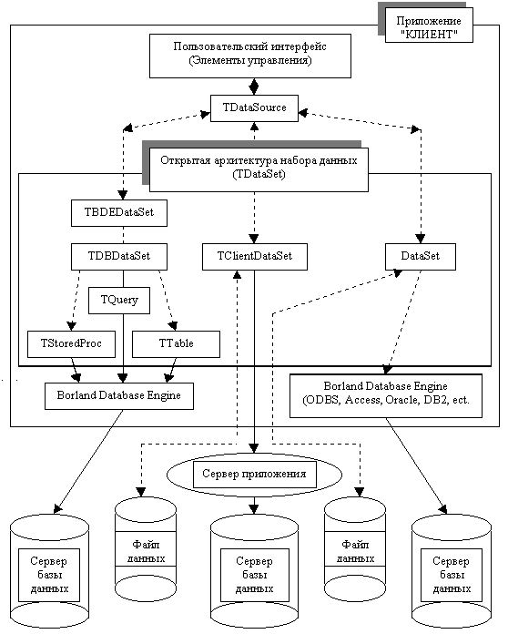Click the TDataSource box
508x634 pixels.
(254, 108)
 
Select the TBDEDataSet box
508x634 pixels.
(119, 212)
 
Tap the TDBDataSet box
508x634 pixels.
(119, 256)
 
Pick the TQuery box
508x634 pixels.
(119, 301)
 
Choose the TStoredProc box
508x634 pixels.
(71, 344)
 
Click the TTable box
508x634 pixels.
(177, 344)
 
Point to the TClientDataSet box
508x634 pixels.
(255, 256)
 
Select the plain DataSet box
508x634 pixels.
(421, 256)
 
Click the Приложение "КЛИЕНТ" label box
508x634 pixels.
(429, 27)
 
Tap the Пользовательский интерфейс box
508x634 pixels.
(250, 56)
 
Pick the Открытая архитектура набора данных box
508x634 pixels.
(259, 169)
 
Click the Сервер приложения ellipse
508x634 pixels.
(255, 474)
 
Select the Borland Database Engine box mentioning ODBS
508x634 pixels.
(386, 395)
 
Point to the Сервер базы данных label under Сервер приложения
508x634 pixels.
(255, 575)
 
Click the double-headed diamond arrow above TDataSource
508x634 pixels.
(254, 87)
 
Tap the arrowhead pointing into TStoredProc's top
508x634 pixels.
(72, 325)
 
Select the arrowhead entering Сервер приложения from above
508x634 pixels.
(254, 447)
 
